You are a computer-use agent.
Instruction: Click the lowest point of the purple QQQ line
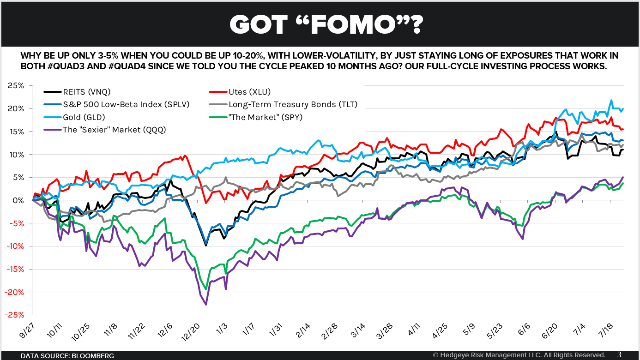coord(205,305)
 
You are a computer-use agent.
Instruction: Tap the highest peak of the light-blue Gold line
coord(611,100)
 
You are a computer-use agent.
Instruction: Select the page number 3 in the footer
coord(619,354)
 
